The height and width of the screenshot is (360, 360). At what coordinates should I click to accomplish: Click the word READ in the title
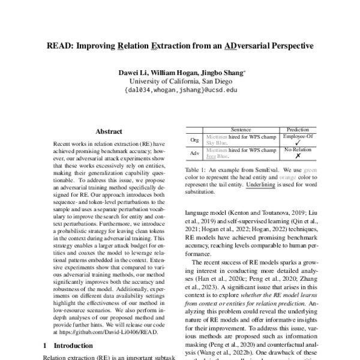pyautogui.click(x=61, y=45)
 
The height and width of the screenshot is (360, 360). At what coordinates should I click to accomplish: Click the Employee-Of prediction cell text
pyautogui.click(x=298, y=136)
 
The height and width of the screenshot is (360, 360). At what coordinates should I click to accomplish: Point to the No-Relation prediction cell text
pyautogui.click(x=298, y=149)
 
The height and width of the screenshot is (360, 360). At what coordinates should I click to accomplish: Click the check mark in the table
pyautogui.click(x=298, y=143)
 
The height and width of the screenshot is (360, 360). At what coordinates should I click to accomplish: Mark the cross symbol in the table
pyautogui.click(x=298, y=156)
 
